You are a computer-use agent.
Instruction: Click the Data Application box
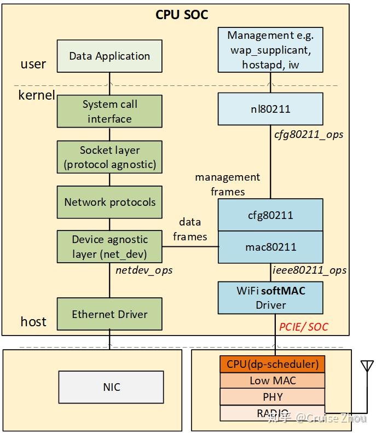coord(109,56)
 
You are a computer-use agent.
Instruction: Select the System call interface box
coord(109,111)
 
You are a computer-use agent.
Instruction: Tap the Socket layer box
coord(109,157)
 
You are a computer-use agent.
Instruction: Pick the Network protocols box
coord(109,202)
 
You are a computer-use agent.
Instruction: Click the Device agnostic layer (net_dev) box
coord(109,246)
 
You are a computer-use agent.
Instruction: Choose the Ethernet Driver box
coord(109,314)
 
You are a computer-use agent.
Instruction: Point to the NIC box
coord(111,387)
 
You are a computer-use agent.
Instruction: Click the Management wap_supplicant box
coord(270,50)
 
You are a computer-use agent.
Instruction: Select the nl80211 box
coord(270,109)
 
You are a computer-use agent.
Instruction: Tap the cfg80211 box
coord(270,215)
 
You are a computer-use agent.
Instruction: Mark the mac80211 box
coord(270,247)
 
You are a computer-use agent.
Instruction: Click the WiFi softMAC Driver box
coord(270,298)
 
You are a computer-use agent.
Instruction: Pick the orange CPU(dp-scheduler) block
coord(273,364)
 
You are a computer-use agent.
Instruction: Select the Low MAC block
coord(273,380)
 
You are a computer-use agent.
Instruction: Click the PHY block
coord(273,396)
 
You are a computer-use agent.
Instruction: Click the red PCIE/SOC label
coord(304,327)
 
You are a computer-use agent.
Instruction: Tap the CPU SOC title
coord(182,15)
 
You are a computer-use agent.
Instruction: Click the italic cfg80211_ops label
coord(308,134)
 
